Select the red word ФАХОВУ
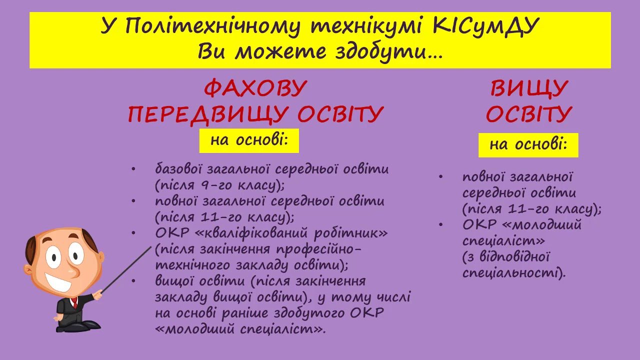pos(255,88)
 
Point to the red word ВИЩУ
pos(528,89)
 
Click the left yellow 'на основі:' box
pos(249,140)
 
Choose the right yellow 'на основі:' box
pos(528,145)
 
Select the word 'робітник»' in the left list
pos(351,233)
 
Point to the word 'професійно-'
pos(319,249)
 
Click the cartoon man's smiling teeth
pos(58,282)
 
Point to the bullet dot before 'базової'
pos(133,169)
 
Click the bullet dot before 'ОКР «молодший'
pos(441,224)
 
